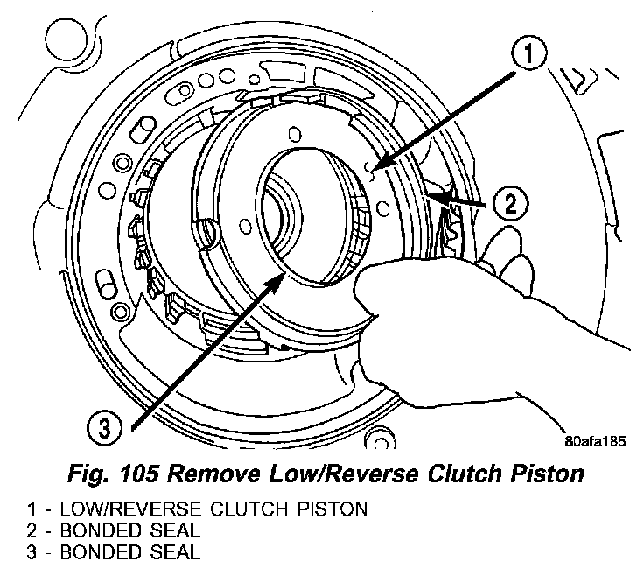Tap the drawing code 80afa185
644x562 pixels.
pos(596,442)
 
